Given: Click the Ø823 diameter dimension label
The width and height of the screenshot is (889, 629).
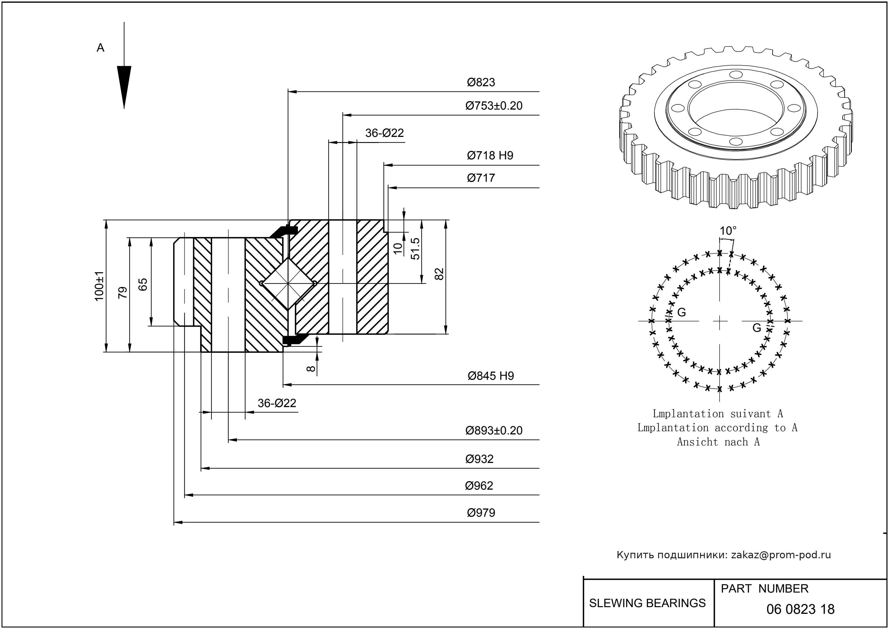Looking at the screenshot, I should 481,82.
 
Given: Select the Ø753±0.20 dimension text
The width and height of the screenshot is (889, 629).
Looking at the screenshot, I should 494,106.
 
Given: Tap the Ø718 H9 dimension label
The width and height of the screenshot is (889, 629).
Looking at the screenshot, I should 490,155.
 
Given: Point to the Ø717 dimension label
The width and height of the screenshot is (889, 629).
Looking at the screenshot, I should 481,178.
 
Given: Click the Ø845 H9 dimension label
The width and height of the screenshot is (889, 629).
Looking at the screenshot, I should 491,376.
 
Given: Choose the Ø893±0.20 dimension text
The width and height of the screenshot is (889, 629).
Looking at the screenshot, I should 494,430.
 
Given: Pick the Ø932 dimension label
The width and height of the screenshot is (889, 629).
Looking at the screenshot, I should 479,459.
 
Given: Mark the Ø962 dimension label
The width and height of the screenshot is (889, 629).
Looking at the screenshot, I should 479,486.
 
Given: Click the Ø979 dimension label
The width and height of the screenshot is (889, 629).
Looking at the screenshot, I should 481,513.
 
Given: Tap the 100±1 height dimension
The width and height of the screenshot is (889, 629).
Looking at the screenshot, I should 99,286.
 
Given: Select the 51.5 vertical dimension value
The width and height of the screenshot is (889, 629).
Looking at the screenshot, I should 415,249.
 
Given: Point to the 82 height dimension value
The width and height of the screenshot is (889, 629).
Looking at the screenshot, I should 439,274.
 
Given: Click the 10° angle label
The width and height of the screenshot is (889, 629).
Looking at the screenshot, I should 728,231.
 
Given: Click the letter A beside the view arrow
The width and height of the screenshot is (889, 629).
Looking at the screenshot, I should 100,48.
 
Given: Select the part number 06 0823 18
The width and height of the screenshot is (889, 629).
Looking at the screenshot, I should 800,609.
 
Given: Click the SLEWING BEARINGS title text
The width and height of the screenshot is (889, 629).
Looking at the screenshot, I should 647,603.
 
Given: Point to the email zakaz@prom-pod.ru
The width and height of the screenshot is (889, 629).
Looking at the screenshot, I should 781,555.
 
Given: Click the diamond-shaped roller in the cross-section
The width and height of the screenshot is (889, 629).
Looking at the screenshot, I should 288,284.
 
